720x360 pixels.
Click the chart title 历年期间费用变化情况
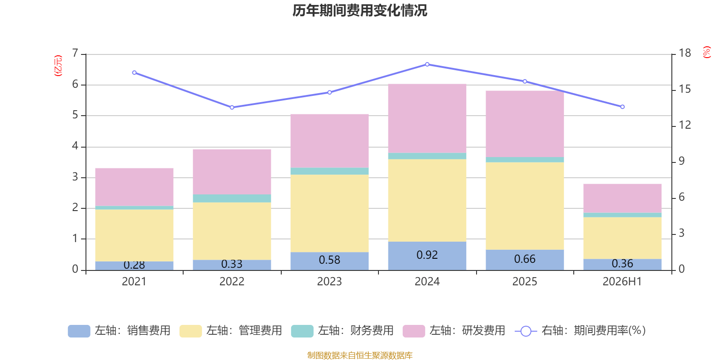[360, 11]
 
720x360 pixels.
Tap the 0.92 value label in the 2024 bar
[427, 255]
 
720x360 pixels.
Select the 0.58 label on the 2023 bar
[329, 260]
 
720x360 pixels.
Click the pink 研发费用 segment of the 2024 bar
[427, 118]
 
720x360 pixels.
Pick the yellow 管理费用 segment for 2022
[232, 231]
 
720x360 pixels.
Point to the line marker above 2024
[427, 64]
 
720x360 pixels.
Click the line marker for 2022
[232, 108]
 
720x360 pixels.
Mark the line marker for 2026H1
[622, 107]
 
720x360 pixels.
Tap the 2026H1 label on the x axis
[622, 282]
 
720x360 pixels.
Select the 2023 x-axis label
[329, 282]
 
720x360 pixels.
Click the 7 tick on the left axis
[75, 53]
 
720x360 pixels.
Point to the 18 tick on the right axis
[684, 53]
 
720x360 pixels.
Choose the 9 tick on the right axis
[681, 161]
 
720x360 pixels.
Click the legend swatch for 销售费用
[79, 331]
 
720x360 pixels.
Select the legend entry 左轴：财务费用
[342, 331]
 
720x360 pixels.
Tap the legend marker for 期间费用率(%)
[526, 331]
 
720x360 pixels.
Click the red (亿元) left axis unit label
[58, 66]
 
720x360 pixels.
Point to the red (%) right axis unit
[706, 52]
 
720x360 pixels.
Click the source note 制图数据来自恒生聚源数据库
[360, 355]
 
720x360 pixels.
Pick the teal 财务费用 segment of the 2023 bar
[329, 171]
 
